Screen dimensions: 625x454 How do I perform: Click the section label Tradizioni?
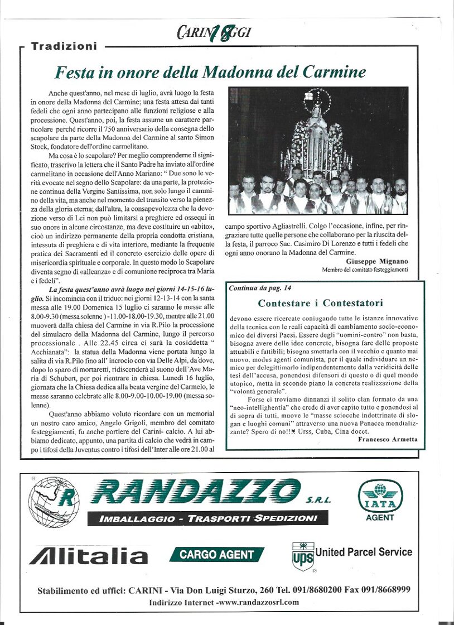click(x=64, y=46)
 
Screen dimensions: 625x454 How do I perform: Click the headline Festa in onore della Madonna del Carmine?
click(x=210, y=73)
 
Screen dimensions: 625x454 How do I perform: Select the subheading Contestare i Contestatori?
click(x=320, y=304)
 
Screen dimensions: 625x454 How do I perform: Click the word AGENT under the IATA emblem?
click(x=380, y=517)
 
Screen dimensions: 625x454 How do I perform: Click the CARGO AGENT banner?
click(x=216, y=555)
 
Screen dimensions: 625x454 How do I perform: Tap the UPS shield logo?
click(x=303, y=556)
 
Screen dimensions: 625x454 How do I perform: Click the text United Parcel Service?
click(x=364, y=552)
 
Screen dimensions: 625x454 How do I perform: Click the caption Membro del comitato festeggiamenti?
click(x=365, y=270)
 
